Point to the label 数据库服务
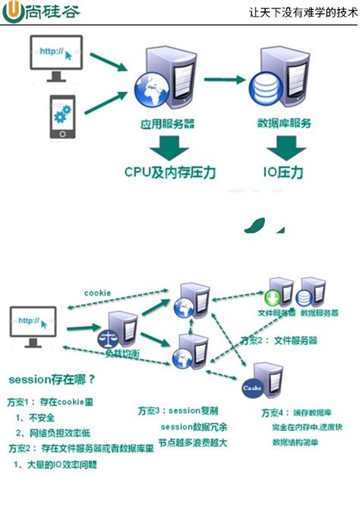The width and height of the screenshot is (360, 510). (283, 122)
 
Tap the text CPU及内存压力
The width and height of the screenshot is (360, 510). (170, 173)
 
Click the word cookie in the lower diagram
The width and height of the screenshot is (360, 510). (97, 292)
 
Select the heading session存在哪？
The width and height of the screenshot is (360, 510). (52, 378)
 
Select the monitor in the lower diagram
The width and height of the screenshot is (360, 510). (34, 323)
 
